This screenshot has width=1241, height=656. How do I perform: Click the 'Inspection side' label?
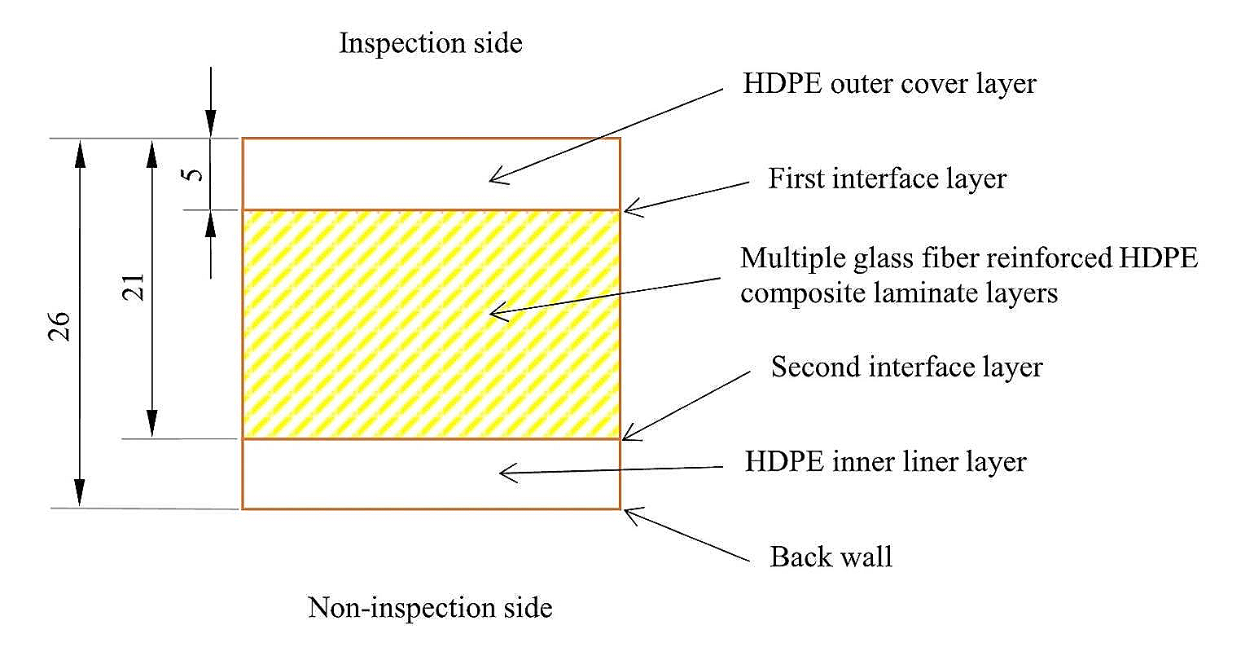point(430,43)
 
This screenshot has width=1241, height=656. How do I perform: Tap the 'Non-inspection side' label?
point(430,607)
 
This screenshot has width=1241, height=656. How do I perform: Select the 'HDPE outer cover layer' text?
point(889,84)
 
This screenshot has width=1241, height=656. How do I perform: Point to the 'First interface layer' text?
point(888,178)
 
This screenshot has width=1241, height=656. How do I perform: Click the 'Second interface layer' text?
point(906,367)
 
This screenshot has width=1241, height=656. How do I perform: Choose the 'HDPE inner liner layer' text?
point(885,462)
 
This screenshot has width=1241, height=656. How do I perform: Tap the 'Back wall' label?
point(831,557)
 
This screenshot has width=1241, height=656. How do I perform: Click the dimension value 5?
point(192,174)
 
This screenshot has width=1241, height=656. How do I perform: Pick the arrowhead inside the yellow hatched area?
point(494,312)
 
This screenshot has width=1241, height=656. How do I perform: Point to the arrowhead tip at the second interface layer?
point(625,438)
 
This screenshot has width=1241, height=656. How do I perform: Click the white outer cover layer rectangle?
point(366,174)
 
